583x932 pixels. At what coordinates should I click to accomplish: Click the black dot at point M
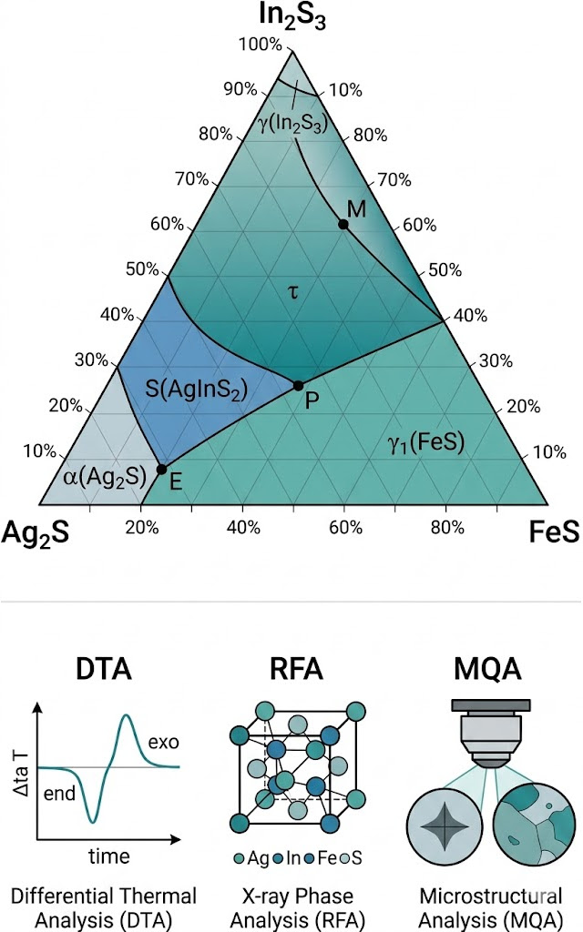click(x=343, y=224)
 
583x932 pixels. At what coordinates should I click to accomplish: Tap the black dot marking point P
click(x=298, y=386)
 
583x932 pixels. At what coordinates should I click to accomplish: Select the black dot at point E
click(x=161, y=469)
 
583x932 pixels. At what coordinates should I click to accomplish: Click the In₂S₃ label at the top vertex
click(x=292, y=16)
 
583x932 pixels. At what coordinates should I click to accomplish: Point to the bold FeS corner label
click(x=554, y=532)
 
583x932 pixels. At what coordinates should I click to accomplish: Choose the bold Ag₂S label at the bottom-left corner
click(x=36, y=532)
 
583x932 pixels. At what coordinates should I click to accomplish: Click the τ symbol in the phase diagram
click(x=292, y=292)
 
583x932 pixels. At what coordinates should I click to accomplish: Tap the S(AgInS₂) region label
click(x=197, y=390)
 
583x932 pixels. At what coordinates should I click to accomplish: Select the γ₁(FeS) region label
click(x=426, y=443)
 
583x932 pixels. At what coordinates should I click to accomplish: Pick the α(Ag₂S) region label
click(x=105, y=477)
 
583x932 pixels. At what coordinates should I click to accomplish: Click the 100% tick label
click(x=260, y=44)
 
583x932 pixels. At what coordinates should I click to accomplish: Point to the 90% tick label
click(x=240, y=89)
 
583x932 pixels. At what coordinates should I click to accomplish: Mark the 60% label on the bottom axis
click(x=345, y=527)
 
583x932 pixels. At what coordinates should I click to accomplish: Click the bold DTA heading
click(x=104, y=669)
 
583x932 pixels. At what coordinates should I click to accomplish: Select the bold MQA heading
click(x=487, y=669)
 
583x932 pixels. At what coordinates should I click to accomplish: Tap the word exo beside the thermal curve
click(x=164, y=742)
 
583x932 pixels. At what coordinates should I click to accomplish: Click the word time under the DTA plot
click(x=109, y=856)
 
